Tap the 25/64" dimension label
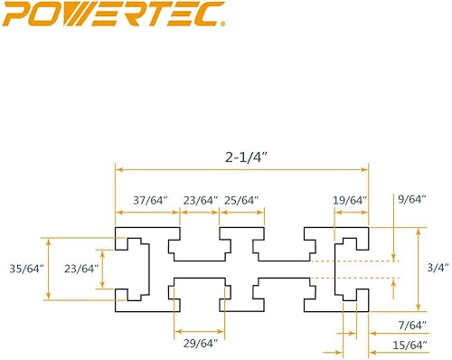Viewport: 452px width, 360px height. [241, 200]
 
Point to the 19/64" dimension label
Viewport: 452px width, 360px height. [349, 200]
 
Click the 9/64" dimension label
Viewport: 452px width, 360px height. [409, 200]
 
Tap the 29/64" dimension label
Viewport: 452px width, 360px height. [199, 345]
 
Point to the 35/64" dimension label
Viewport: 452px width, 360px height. [20, 268]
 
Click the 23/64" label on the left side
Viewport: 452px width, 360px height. [82, 268]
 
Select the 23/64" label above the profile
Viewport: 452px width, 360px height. [200, 200]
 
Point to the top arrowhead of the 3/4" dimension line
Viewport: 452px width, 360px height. [418, 232]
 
